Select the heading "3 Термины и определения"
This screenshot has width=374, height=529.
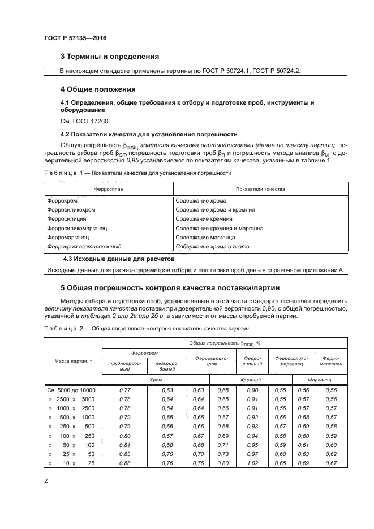coord(110,57)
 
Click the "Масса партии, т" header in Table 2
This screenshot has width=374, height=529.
coord(72,360)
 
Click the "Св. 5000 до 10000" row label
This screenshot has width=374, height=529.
coord(72,390)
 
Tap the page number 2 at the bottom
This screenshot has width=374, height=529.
coord(45,481)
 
